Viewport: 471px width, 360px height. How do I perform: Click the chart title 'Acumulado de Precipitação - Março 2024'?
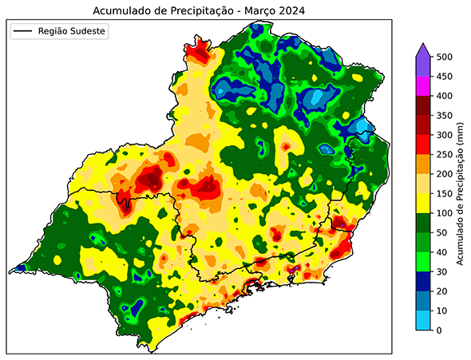(x=200, y=10)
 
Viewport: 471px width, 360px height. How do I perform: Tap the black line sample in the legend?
(x=22, y=31)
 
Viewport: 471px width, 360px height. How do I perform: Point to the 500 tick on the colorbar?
(x=437, y=57)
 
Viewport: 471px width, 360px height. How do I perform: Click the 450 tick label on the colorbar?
(x=446, y=77)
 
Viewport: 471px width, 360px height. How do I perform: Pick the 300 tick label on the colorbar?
(x=446, y=136)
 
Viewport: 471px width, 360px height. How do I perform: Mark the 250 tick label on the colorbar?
(x=446, y=155)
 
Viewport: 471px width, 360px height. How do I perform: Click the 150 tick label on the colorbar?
(x=446, y=194)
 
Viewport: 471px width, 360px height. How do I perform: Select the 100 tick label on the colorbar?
(x=446, y=213)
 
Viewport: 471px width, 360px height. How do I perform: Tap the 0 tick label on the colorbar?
(x=441, y=330)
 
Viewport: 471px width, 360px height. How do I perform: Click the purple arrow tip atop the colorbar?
(x=424, y=49)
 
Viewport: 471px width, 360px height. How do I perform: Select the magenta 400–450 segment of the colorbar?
(x=424, y=86)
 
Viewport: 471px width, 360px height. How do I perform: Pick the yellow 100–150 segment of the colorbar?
(x=424, y=204)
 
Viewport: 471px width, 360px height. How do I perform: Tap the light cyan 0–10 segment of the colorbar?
(x=424, y=321)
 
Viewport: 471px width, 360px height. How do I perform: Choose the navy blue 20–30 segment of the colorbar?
(x=424, y=282)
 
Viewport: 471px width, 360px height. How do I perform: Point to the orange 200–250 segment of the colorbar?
(x=424, y=164)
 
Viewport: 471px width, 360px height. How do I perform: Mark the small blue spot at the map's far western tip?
(x=19, y=268)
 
